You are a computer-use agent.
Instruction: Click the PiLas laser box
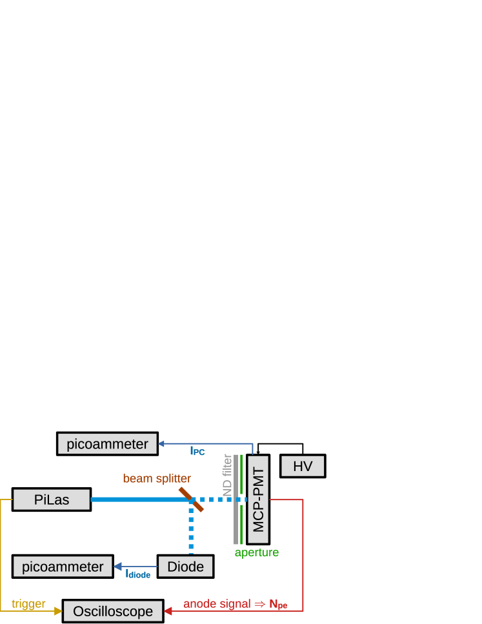tap(52, 499)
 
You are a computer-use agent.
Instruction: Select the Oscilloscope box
tap(112, 611)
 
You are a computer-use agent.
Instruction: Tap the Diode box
tap(185, 567)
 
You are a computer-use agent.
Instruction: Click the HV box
tap(303, 466)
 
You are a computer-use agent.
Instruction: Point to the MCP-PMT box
tap(258, 499)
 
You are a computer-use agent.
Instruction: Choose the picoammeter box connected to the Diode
tap(63, 567)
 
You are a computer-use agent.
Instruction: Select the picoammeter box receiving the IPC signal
tap(107, 444)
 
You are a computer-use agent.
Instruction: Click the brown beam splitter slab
tap(192, 499)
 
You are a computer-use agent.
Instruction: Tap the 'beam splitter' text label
tap(157, 478)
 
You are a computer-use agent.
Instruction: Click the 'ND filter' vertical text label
tap(227, 475)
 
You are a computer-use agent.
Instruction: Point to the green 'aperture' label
tap(257, 552)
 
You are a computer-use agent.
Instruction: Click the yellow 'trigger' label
tap(28, 604)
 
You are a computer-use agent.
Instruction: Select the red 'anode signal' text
tap(217, 604)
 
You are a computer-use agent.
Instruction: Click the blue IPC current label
tap(197, 452)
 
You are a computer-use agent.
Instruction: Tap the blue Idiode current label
tap(138, 574)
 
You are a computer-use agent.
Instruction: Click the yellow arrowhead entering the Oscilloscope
tap(59, 611)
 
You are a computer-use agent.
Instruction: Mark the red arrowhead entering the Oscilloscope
tap(168, 611)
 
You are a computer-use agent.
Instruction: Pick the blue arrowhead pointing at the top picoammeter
tap(161, 443)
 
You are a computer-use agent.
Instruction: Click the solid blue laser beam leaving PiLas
tap(139, 499)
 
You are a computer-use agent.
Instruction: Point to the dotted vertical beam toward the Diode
tap(191, 529)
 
